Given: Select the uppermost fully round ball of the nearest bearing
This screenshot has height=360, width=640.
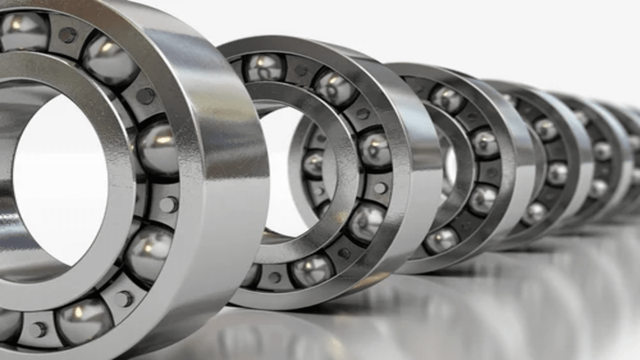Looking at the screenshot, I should [x=110, y=60].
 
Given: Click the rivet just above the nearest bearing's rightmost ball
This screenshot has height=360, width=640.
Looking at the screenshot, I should [x=145, y=96].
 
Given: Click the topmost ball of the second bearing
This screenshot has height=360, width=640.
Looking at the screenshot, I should [x=264, y=67].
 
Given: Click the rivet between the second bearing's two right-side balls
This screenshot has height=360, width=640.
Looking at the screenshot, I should [x=380, y=188].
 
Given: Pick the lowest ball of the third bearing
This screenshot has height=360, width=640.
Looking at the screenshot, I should [x=441, y=240].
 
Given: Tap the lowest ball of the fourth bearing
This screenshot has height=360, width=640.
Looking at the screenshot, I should [x=533, y=213].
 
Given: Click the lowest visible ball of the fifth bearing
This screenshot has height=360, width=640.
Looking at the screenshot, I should [x=597, y=187].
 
